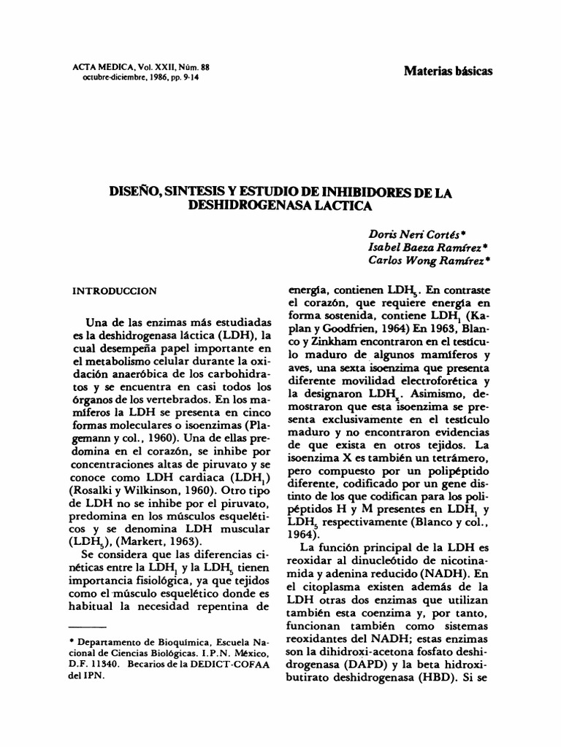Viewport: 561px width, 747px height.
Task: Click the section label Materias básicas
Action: [448, 71]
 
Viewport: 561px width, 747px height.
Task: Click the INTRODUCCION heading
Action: [114, 290]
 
